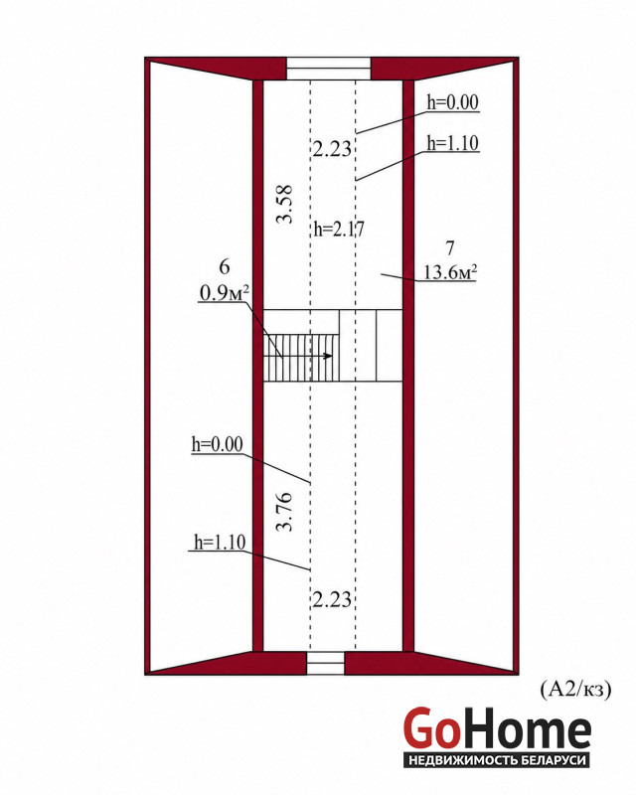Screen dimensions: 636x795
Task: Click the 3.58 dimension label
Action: click(284, 205)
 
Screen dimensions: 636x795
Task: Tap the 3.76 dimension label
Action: click(284, 511)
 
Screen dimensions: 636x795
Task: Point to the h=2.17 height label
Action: click(339, 230)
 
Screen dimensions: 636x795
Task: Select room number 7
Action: click(449, 247)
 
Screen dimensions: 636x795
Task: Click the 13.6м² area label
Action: click(450, 272)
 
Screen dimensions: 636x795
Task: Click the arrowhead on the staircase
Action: click(329, 356)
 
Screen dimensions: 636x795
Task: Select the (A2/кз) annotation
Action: click(575, 689)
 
